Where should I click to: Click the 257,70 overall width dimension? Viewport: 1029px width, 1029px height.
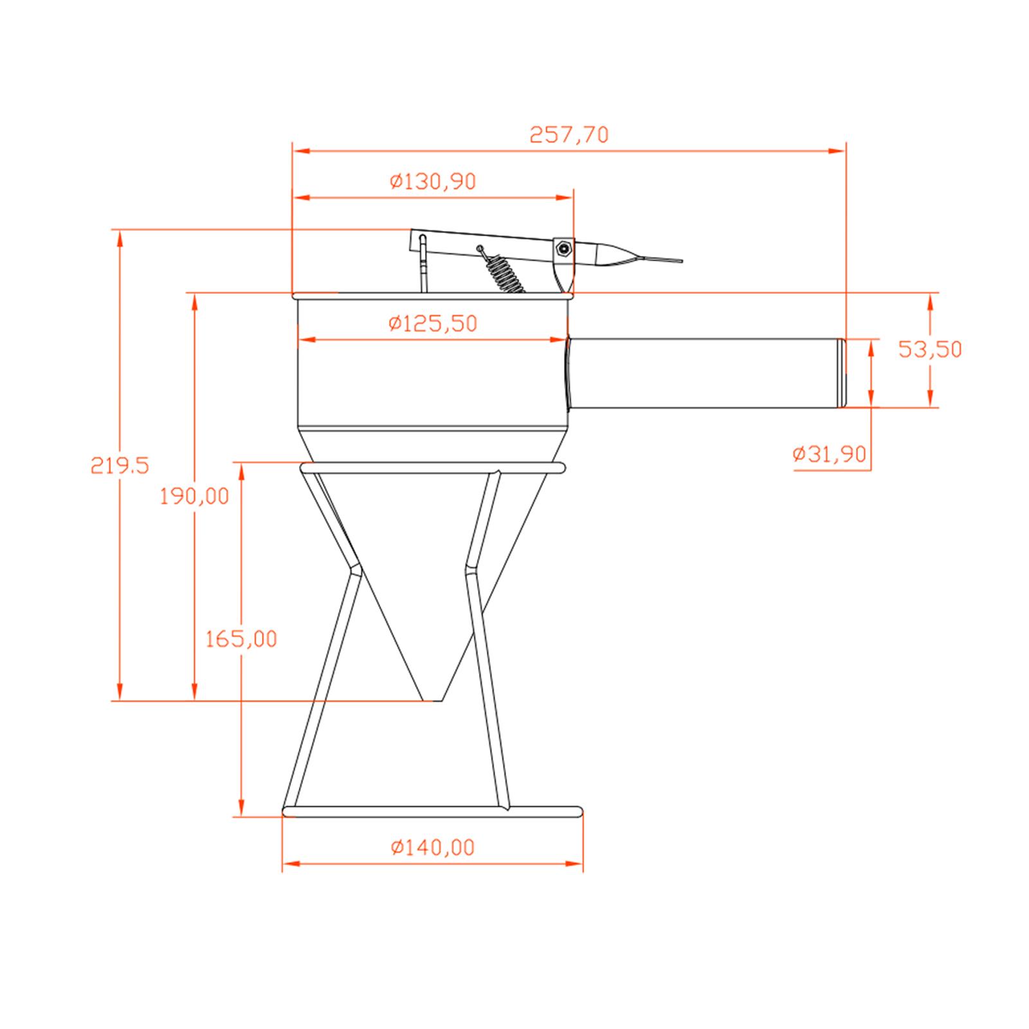(569, 135)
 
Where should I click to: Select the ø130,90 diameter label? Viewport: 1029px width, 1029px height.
(433, 182)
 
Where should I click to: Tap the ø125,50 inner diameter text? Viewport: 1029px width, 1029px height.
(433, 323)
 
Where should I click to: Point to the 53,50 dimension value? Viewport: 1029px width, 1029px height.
(930, 350)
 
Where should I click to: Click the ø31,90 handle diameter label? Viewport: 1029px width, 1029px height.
(830, 455)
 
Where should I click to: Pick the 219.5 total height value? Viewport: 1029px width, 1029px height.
(120, 465)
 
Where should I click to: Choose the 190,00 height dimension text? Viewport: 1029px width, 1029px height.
(195, 496)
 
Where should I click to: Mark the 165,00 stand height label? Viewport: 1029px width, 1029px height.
(241, 639)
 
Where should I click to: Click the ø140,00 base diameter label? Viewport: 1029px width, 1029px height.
(433, 848)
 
